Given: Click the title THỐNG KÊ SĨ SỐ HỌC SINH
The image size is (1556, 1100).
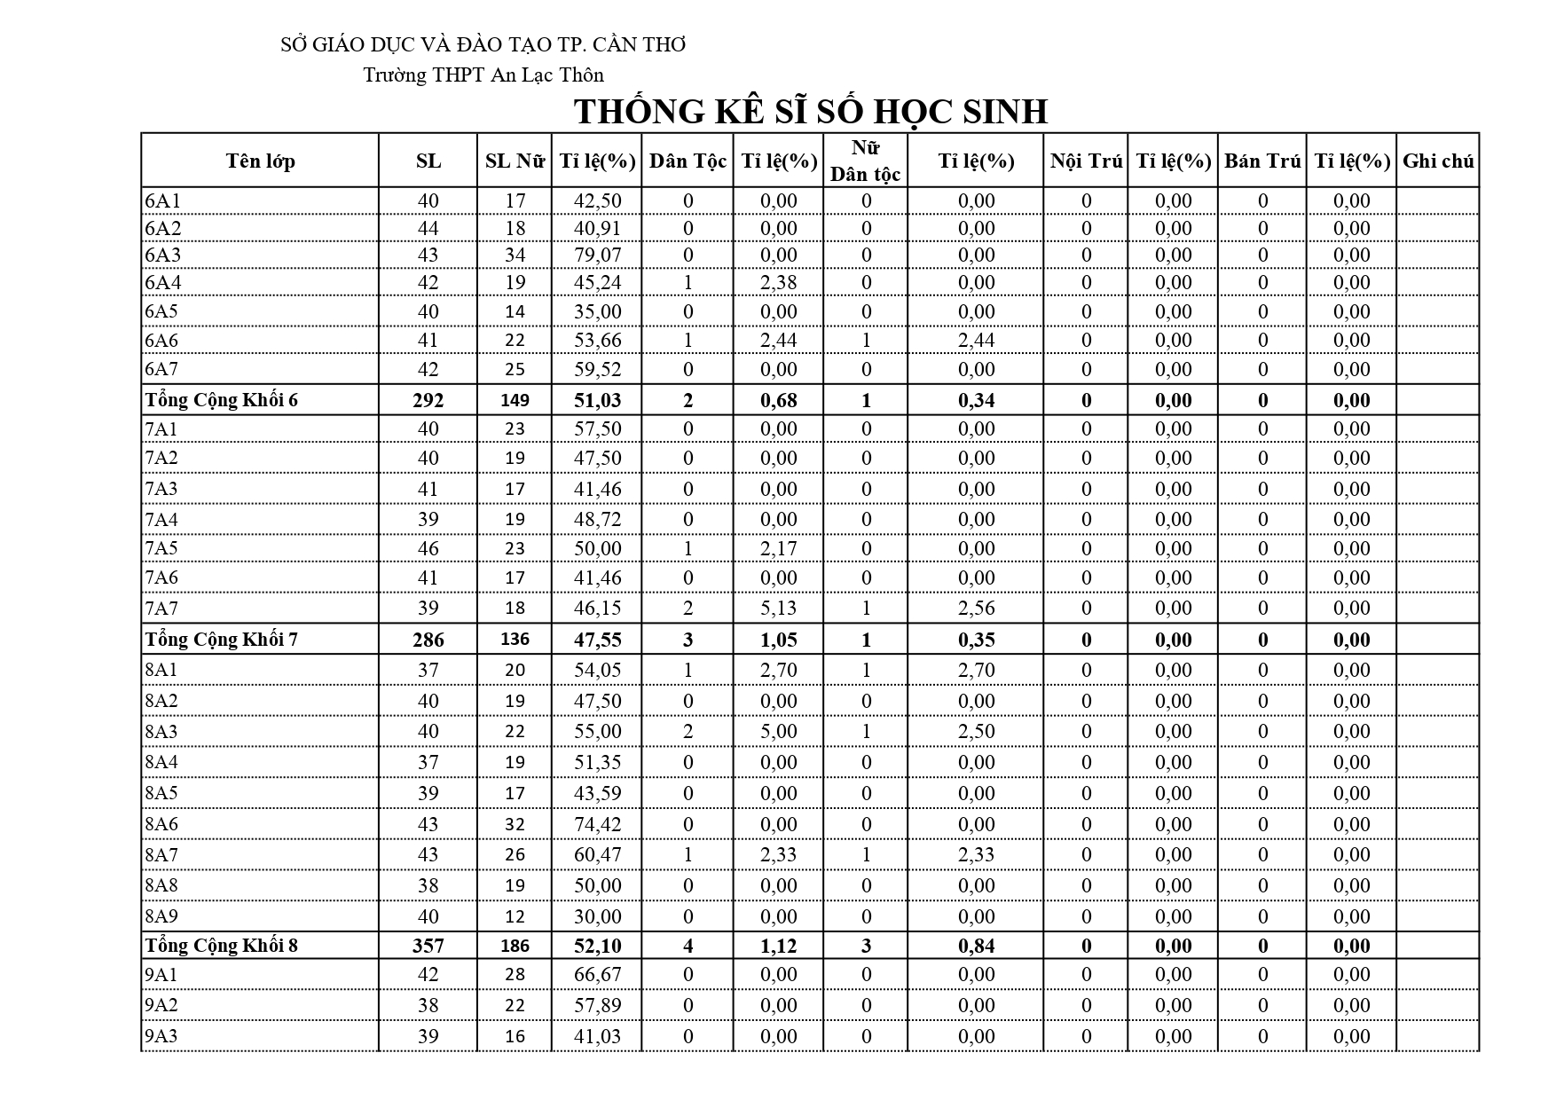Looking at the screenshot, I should click(x=811, y=112).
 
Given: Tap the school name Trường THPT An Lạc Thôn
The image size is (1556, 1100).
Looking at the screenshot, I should click(x=483, y=75).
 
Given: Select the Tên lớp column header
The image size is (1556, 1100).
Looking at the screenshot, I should click(x=260, y=161).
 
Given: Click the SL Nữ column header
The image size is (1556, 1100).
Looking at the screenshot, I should click(x=515, y=161).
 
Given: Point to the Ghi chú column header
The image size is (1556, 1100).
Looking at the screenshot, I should click(x=1438, y=161).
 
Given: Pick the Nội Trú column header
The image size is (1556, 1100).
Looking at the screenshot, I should click(x=1086, y=161).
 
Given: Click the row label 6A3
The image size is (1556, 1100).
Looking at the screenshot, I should click(x=162, y=255).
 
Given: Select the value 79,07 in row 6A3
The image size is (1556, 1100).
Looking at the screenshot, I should click(x=597, y=255).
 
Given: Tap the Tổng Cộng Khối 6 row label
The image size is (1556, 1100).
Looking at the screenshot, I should click(x=222, y=400).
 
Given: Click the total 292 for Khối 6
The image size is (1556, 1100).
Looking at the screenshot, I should click(x=428, y=400).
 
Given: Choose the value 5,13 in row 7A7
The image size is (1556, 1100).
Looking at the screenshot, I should click(x=778, y=608).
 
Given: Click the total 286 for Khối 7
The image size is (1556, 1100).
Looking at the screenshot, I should click(x=428, y=640).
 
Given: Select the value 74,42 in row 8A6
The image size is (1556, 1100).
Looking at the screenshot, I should click(x=597, y=824).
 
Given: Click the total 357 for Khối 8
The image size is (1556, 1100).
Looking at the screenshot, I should click(x=428, y=946).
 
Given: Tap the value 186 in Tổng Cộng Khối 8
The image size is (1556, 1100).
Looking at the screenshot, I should click(x=515, y=946).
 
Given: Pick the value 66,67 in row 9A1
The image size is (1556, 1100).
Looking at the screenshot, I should click(x=597, y=974).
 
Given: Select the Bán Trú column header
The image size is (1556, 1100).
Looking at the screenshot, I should click(x=1262, y=161).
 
